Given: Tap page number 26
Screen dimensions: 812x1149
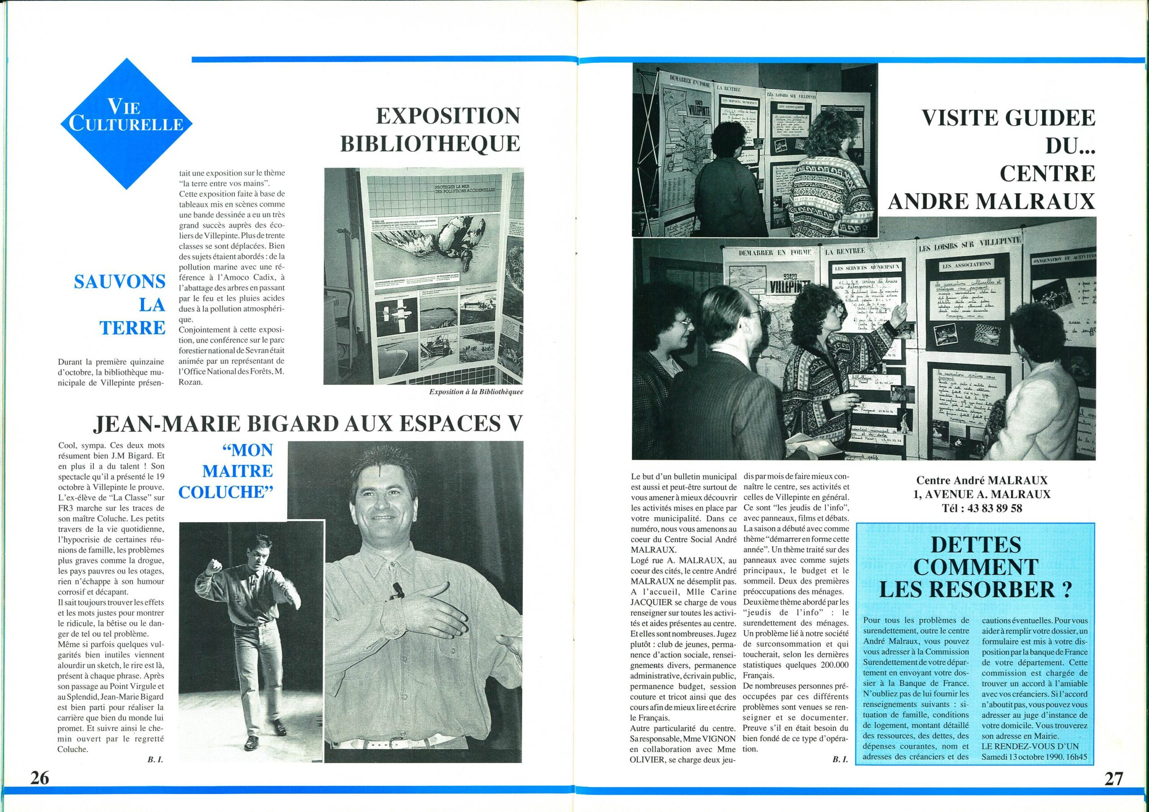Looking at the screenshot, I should [x=39, y=778].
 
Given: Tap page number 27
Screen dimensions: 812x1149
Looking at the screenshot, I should [x=1113, y=779].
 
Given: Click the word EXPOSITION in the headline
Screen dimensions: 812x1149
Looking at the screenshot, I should [x=448, y=117].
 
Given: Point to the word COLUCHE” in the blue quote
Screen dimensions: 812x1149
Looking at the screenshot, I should [x=226, y=493].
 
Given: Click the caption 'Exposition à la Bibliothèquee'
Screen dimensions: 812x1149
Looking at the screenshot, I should [x=476, y=392].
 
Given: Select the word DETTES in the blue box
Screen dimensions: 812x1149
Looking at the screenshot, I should [x=975, y=544].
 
